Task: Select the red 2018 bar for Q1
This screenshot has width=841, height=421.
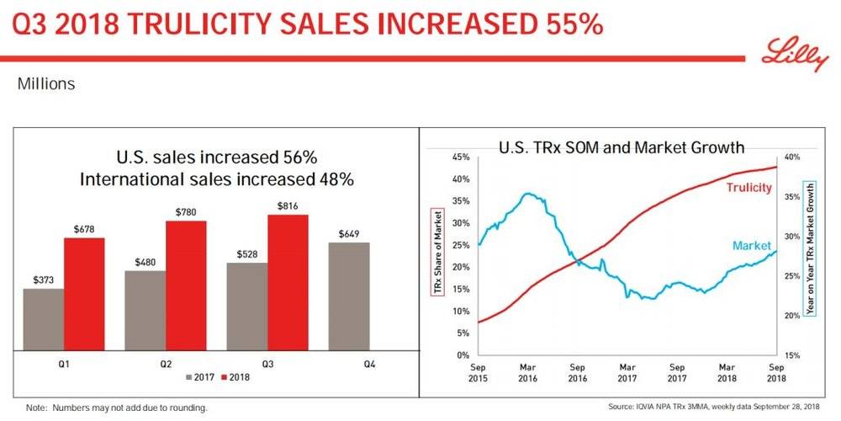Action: tap(84, 294)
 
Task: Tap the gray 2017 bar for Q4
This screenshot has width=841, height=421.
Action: tap(347, 296)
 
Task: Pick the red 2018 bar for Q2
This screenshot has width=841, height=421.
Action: tap(186, 285)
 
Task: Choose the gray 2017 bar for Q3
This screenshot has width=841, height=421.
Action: tap(247, 306)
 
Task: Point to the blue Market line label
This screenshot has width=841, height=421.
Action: tap(751, 245)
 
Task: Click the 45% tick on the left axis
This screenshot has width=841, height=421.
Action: tap(460, 157)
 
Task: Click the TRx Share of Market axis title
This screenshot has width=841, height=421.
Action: tap(436, 253)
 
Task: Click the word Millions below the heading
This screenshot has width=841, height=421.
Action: tap(46, 84)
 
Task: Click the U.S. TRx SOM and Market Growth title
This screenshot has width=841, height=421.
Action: tap(621, 147)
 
